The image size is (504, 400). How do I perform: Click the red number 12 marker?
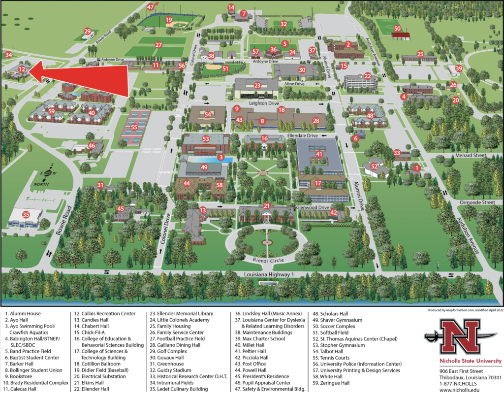[x=22, y=70]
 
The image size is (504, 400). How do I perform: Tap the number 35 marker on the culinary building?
[x=26, y=214]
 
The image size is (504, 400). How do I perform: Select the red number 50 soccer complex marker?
[x=397, y=29]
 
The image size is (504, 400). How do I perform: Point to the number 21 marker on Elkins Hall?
[x=266, y=206]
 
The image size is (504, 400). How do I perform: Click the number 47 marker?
[x=151, y=7]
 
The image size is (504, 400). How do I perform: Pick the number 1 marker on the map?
[x=416, y=168]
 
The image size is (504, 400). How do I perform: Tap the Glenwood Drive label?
[x=313, y=208]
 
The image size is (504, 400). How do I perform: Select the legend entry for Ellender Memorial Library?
[x=185, y=313]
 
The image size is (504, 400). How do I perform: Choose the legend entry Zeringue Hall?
[x=334, y=383]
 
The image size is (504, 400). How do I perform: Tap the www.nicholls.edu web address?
[x=459, y=389]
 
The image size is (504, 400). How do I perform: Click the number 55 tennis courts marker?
[x=134, y=127]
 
